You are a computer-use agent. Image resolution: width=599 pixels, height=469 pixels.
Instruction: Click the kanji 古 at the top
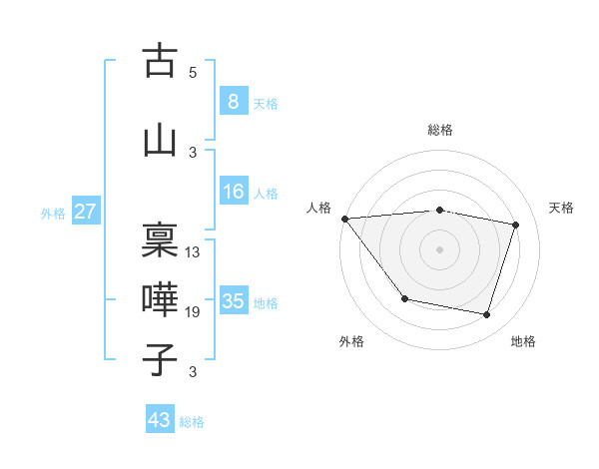[x=161, y=61]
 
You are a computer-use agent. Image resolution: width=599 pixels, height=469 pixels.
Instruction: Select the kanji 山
[x=161, y=141]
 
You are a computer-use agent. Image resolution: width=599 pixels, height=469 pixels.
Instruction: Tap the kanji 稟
[x=161, y=240]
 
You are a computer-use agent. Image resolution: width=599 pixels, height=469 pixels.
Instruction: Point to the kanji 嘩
[x=161, y=300]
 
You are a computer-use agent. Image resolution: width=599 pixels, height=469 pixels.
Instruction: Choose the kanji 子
[x=161, y=360]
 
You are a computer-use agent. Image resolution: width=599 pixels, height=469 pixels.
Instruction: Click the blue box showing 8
[x=233, y=102]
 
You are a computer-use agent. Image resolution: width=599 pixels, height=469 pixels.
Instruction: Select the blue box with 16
[x=233, y=192]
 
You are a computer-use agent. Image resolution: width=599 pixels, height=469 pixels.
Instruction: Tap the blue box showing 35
[x=233, y=301]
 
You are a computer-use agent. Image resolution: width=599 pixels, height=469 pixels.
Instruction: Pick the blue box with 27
[x=85, y=212]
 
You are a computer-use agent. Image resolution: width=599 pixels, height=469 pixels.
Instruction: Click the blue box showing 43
[x=160, y=420]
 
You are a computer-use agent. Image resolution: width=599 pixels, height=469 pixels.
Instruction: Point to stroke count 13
[x=193, y=251]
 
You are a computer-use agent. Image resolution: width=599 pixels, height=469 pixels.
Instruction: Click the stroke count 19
[x=193, y=312]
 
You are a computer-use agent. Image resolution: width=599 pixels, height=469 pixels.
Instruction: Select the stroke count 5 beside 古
[x=193, y=72]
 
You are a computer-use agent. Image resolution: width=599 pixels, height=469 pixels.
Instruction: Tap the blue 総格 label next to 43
[x=192, y=422]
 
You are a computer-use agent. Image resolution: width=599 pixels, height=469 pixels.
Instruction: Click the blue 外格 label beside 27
[x=53, y=213]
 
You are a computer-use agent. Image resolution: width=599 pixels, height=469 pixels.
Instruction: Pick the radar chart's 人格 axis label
[x=319, y=208]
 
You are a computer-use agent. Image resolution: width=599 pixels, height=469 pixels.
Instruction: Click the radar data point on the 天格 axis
[x=516, y=225]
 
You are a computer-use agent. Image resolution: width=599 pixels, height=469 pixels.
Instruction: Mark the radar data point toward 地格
[x=486, y=315]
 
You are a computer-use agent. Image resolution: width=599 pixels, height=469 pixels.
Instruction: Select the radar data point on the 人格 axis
[x=344, y=219]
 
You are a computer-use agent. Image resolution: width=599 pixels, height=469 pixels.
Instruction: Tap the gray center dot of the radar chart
[x=440, y=248]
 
